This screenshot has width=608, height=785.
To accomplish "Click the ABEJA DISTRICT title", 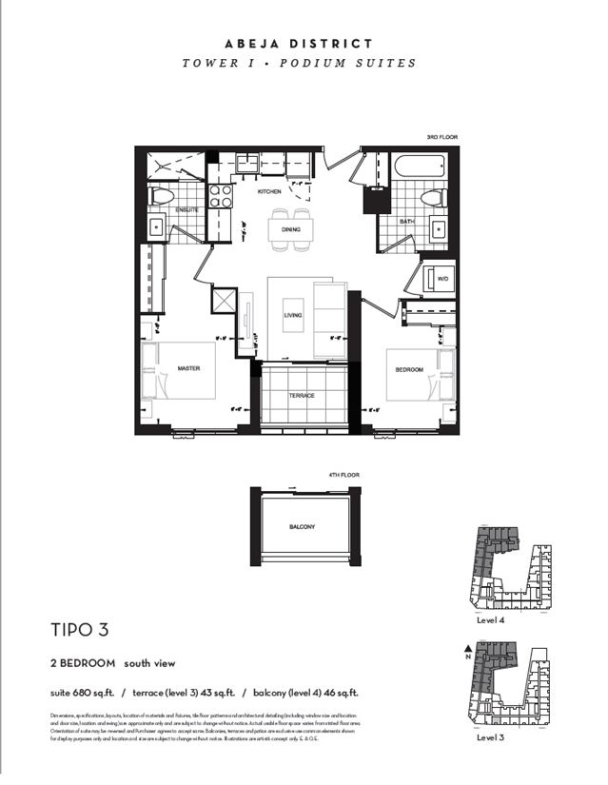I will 299,44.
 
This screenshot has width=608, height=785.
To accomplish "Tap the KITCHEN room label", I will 269,191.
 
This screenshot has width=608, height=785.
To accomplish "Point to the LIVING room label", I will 292,315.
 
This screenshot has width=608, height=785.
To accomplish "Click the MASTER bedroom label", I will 187,368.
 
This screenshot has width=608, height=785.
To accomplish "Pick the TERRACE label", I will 303,395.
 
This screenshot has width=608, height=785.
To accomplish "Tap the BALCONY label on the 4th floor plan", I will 302,526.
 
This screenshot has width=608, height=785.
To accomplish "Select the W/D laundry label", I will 441,279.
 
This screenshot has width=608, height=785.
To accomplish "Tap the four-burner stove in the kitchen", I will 221,195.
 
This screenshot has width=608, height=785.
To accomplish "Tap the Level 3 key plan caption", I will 491,737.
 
